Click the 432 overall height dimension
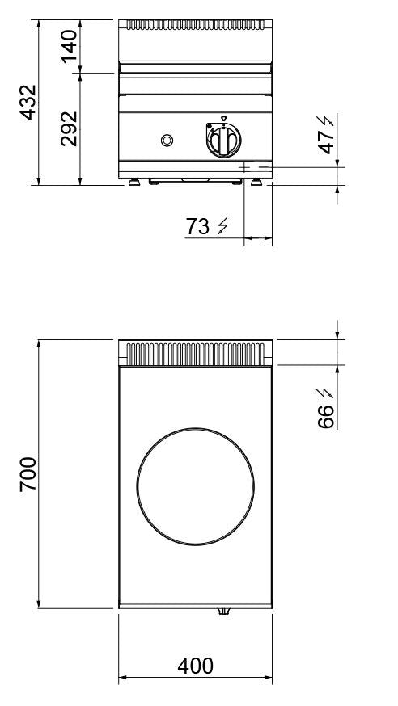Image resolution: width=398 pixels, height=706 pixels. point(28,102)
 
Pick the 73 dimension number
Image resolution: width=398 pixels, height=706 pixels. point(197,227)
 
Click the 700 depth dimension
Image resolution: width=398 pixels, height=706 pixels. point(28,474)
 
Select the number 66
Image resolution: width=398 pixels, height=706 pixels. point(325,416)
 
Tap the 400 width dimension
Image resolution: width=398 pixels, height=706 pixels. point(195,666)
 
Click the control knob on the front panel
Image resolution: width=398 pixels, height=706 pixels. point(222,141)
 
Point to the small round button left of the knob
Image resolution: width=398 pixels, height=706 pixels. point(167,141)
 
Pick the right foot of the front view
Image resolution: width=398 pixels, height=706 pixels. point(256,181)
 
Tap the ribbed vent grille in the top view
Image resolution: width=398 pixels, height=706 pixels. point(195,353)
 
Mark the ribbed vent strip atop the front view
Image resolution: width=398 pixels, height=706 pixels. point(195,25)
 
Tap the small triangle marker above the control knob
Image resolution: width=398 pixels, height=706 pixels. point(222,116)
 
